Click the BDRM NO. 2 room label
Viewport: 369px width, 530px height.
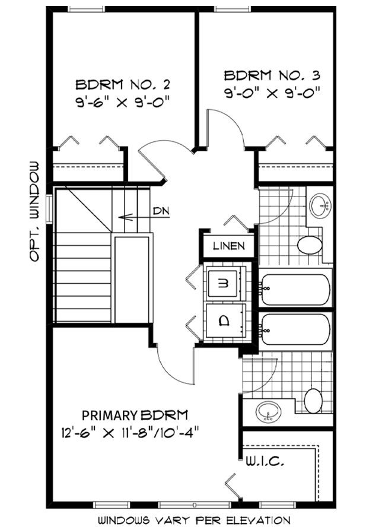point(122,84)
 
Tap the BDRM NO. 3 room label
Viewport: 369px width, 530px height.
point(272,75)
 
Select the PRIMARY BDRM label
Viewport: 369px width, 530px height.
point(135,415)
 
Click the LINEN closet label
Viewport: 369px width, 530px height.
point(229,246)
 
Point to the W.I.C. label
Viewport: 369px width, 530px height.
point(265,461)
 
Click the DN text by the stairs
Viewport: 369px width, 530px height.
point(161,211)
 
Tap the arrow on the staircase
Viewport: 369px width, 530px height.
point(144,217)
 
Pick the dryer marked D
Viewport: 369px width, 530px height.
point(224,320)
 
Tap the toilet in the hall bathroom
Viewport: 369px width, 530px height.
point(310,245)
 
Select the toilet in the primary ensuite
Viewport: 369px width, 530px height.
point(313,401)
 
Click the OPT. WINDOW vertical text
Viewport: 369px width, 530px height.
point(34,211)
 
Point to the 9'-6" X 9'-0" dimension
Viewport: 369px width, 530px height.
point(122,101)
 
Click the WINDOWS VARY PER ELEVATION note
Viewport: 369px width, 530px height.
point(194,520)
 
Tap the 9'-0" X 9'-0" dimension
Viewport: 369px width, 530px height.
point(272,92)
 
